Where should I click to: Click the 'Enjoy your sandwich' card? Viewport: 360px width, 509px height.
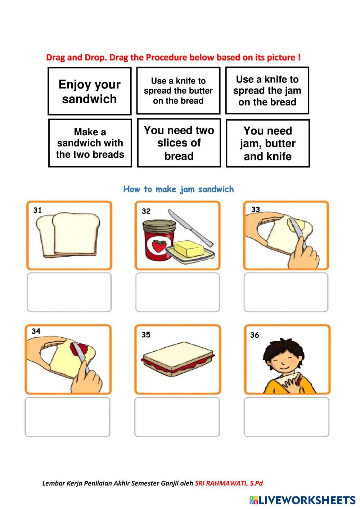89,91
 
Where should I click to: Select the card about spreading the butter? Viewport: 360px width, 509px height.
178,91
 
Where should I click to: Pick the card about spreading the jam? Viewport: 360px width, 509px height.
267,91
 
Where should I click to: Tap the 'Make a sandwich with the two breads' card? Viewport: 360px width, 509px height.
90,143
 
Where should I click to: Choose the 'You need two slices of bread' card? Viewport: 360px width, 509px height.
179,143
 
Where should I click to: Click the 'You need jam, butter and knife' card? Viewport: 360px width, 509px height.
267,143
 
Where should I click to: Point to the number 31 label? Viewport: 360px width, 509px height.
37,210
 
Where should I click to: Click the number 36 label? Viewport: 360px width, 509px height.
255,335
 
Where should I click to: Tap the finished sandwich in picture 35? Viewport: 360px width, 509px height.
179,359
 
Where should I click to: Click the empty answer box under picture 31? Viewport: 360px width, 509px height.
69,292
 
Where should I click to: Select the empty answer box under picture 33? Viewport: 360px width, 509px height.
286,292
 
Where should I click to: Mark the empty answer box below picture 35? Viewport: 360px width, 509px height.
177,417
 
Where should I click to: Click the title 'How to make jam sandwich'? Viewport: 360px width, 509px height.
179,189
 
